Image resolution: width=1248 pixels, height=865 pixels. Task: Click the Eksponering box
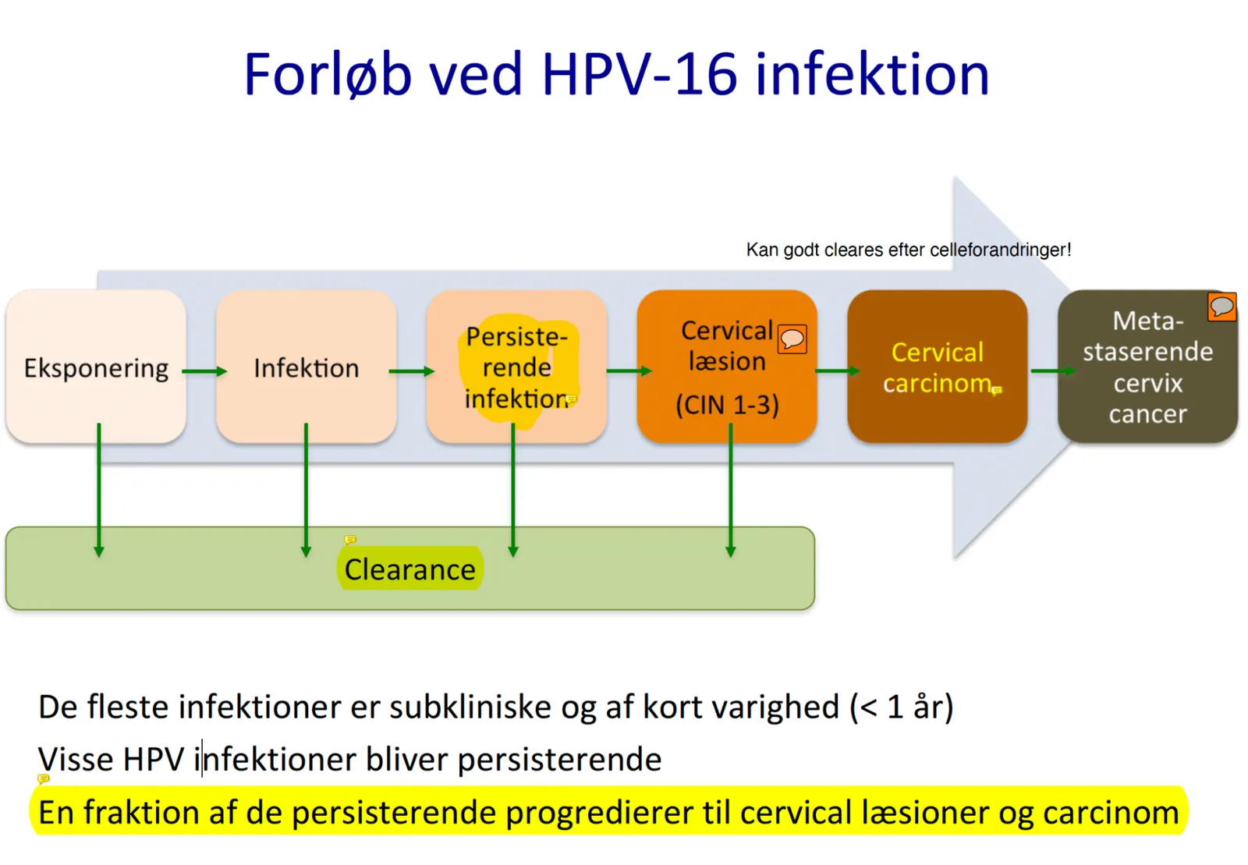[96, 366]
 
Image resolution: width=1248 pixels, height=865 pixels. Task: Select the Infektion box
[307, 366]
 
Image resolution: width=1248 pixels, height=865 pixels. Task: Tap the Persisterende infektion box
[516, 366]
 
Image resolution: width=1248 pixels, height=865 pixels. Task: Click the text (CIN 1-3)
[727, 405]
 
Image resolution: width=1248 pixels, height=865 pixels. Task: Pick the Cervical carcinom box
[937, 366]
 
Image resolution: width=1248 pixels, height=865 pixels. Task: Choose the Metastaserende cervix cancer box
[1147, 366]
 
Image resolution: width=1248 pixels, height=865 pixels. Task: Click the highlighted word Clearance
[410, 569]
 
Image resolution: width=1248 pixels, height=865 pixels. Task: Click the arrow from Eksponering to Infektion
[204, 371]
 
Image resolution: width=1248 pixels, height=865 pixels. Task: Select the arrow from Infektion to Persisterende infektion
[412, 371]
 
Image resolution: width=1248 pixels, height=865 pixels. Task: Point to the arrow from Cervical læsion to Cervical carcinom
[838, 371]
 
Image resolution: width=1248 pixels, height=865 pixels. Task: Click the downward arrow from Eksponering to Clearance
[99, 490]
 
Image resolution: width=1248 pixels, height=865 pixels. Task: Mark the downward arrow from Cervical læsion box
[731, 490]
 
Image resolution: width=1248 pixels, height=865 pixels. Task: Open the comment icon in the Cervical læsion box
[792, 339]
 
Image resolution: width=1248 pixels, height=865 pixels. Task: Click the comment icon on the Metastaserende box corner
[1221, 307]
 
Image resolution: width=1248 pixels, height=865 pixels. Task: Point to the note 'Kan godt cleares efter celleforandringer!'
[909, 250]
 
